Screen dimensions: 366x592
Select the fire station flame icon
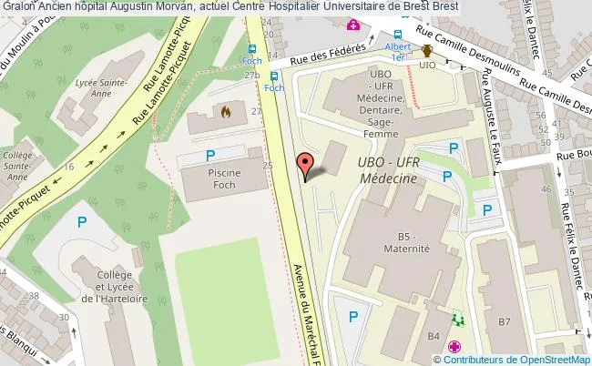click(x=226, y=111)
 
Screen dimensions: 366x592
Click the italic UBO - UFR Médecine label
click(x=388, y=170)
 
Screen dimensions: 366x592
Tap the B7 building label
click(x=505, y=321)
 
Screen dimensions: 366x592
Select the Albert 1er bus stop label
click(x=396, y=51)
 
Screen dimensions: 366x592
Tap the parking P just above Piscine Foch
click(x=211, y=155)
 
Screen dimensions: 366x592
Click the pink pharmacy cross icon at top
click(x=350, y=25)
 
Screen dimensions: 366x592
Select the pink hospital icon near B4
click(x=454, y=348)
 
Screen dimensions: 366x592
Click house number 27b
click(x=250, y=75)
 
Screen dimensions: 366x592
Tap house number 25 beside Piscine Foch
click(x=267, y=166)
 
